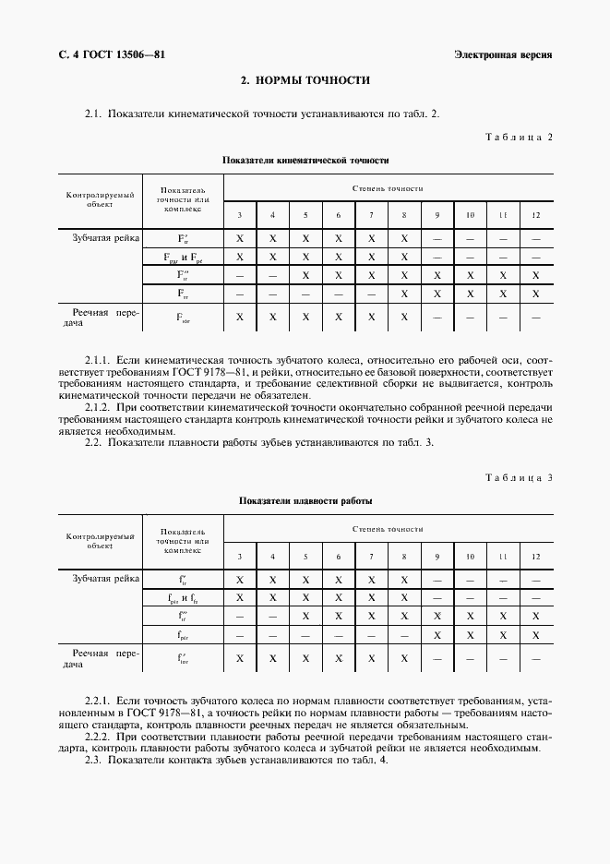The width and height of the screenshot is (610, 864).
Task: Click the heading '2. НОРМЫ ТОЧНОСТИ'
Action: tap(305, 80)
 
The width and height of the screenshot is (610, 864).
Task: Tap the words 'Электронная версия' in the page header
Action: tap(503, 54)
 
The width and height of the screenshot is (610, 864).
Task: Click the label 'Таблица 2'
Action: tap(519, 138)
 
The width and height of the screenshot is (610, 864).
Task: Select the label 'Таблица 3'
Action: tap(519, 477)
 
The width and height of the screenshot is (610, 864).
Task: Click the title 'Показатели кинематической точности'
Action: tap(305, 160)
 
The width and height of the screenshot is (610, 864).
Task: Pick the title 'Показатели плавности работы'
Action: tap(305, 500)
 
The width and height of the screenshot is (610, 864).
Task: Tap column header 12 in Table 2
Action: tap(536, 215)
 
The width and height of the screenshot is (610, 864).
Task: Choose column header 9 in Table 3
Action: tap(437, 556)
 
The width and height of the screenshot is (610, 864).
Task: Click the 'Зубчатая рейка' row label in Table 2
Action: tap(106, 238)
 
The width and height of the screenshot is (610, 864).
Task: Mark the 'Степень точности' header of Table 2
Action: tap(388, 188)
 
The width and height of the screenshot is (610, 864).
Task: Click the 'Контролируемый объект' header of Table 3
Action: tap(101, 540)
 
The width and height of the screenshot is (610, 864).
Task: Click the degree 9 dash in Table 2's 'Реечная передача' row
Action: tap(437, 317)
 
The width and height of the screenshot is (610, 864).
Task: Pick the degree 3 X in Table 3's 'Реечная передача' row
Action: tap(240, 657)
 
